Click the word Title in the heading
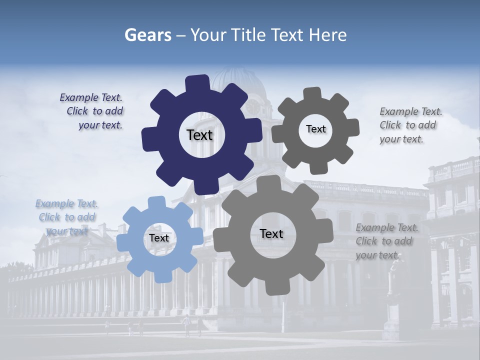point(247,35)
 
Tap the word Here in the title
point(327,35)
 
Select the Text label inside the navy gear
point(199,135)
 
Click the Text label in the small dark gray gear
point(315,129)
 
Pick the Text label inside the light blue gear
point(159,238)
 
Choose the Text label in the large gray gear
point(271,233)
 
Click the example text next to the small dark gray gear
point(410,125)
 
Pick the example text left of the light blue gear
point(66,217)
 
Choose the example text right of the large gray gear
point(386,241)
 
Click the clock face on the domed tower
point(253,106)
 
